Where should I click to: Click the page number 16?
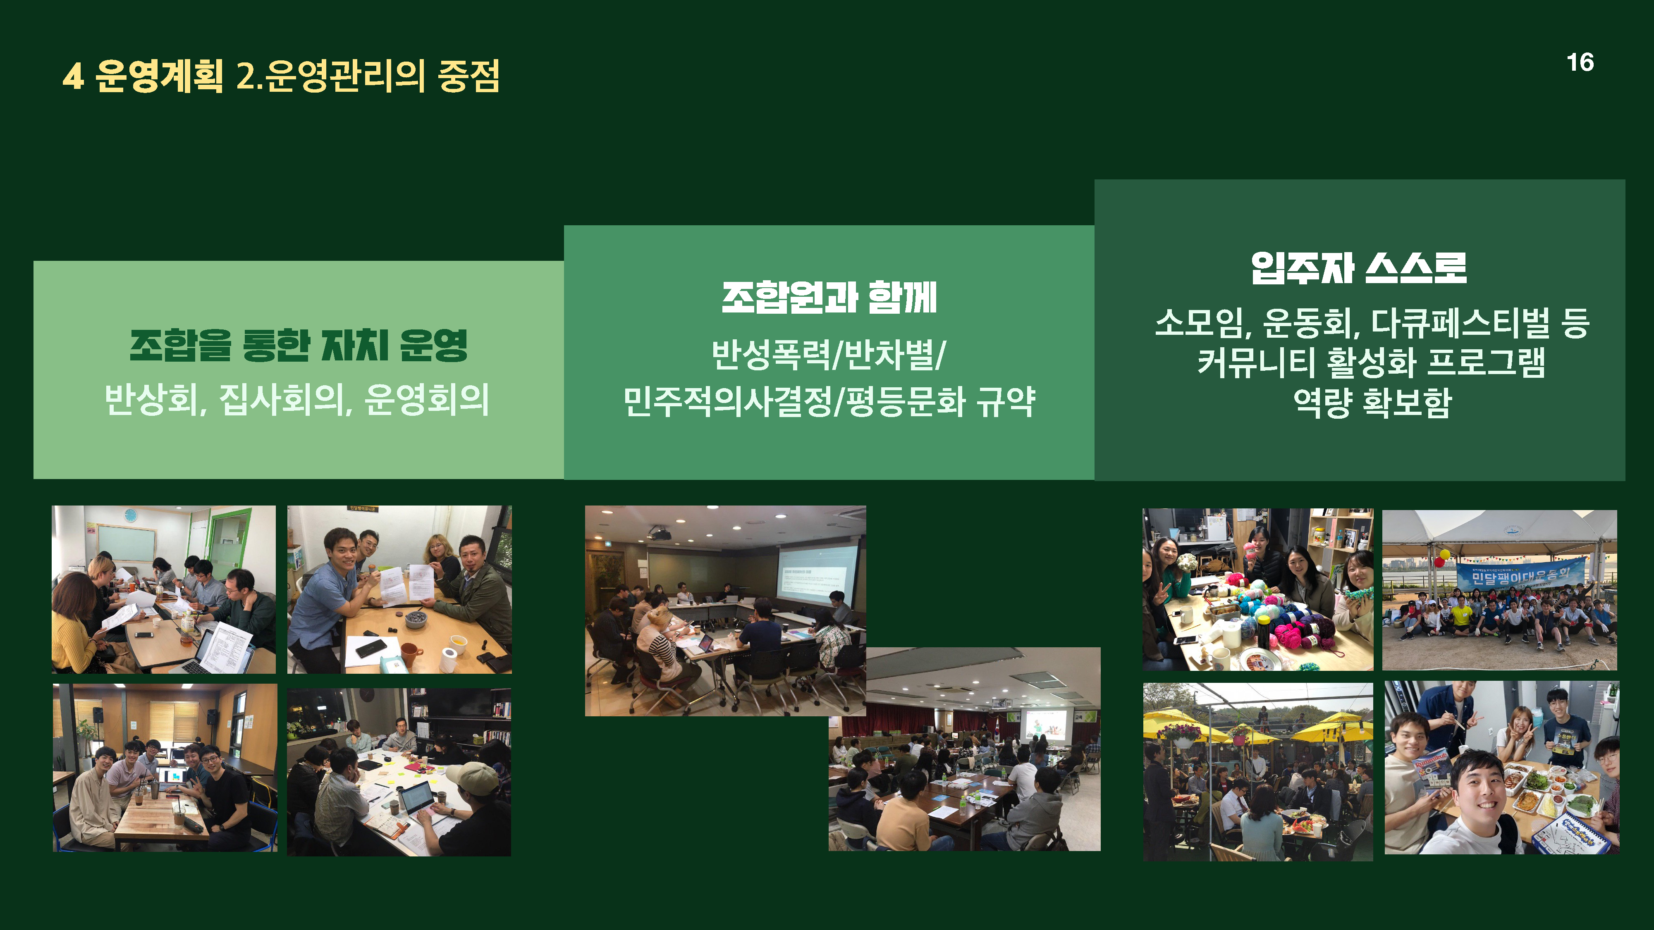(x=1580, y=62)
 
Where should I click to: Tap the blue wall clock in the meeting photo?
(x=130, y=515)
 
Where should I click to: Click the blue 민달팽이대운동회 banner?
(x=1520, y=575)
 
